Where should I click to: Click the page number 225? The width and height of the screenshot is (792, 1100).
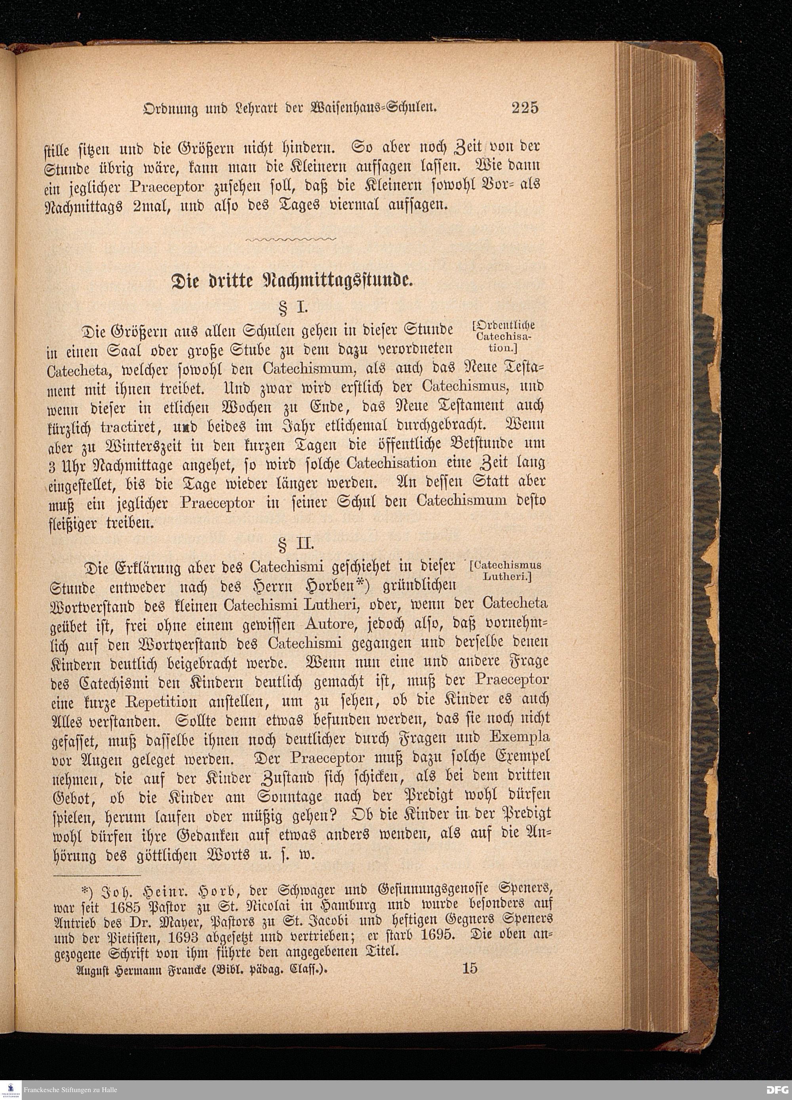(525, 107)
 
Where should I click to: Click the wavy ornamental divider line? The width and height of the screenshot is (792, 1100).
(291, 239)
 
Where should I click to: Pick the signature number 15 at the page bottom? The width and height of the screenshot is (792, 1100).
(470, 969)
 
